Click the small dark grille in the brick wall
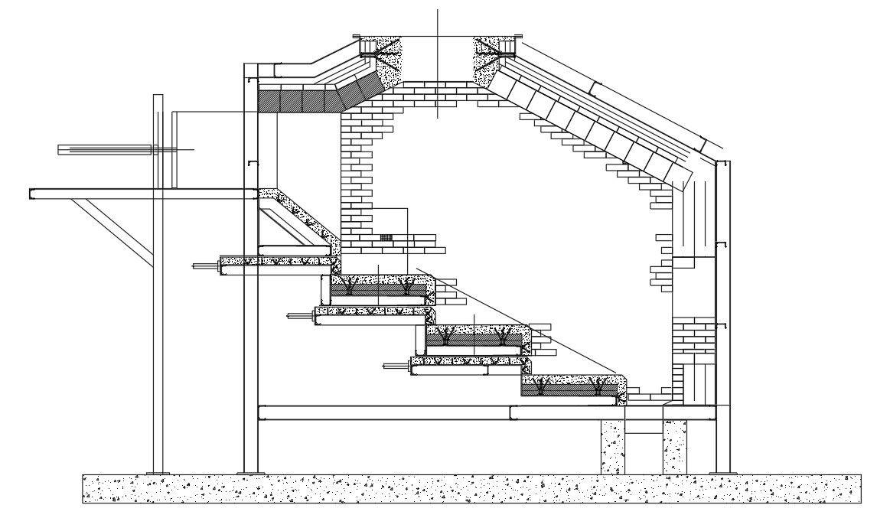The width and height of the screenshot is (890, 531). [x=387, y=236]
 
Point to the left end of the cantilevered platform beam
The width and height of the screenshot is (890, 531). [x=32, y=194]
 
